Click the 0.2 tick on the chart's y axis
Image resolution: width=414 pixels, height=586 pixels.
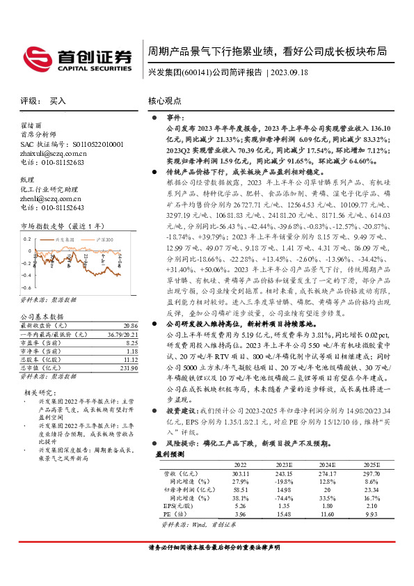point(29,238)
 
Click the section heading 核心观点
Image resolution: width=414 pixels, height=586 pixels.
point(165,102)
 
